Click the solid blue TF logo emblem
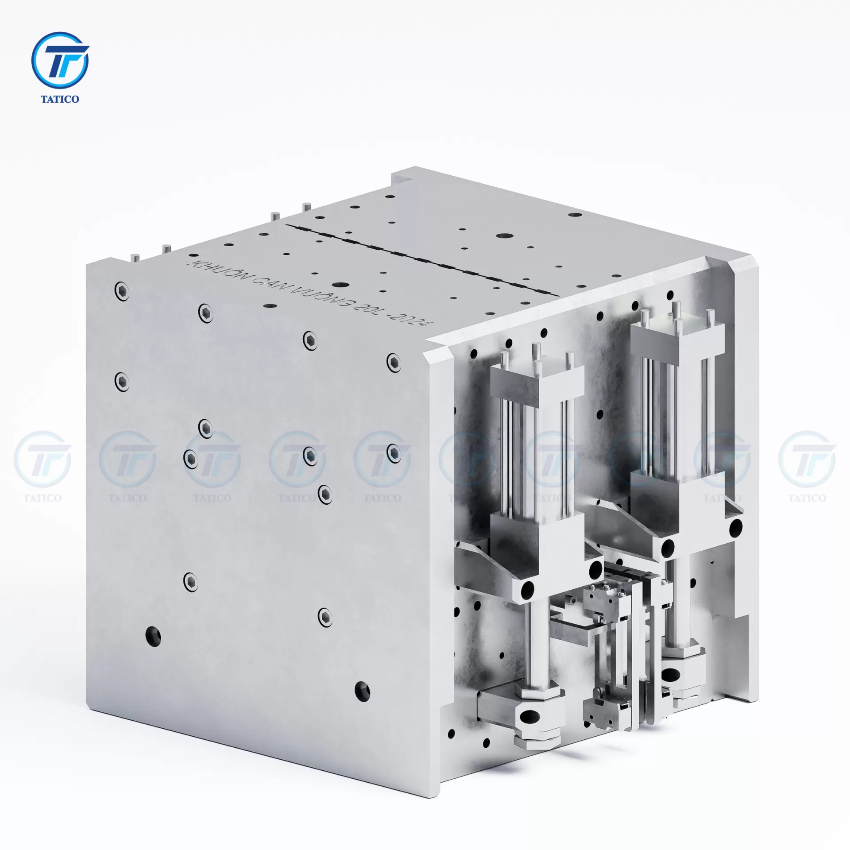click(x=60, y=60)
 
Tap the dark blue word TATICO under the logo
click(x=60, y=99)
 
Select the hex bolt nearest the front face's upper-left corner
click(x=122, y=291)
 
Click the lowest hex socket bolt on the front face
click(x=325, y=615)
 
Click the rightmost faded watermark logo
click(x=807, y=460)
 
